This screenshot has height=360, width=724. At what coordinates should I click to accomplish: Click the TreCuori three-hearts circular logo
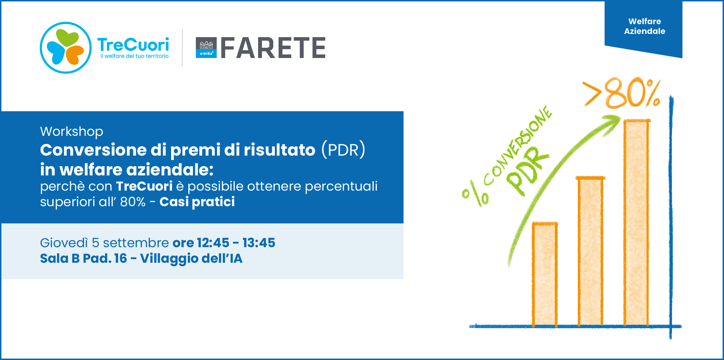[66, 48]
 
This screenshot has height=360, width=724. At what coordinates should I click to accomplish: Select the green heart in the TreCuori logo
[67, 37]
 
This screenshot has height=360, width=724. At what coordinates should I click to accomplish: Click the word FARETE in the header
[273, 48]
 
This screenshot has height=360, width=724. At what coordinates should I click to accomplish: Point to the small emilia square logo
[206, 48]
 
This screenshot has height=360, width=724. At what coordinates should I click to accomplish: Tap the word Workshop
[72, 132]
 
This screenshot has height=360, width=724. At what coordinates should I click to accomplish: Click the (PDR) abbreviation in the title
[343, 150]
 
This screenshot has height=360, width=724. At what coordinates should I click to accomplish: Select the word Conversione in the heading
[93, 150]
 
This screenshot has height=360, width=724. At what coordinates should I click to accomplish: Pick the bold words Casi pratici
[197, 202]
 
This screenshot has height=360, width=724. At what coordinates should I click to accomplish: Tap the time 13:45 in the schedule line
[259, 243]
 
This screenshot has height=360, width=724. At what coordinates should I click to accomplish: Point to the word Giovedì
[64, 243]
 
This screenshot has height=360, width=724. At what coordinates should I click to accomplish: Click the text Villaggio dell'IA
[191, 259]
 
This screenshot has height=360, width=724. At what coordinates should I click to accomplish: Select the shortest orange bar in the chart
[545, 274]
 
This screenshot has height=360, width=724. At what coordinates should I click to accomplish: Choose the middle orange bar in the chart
[590, 251]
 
